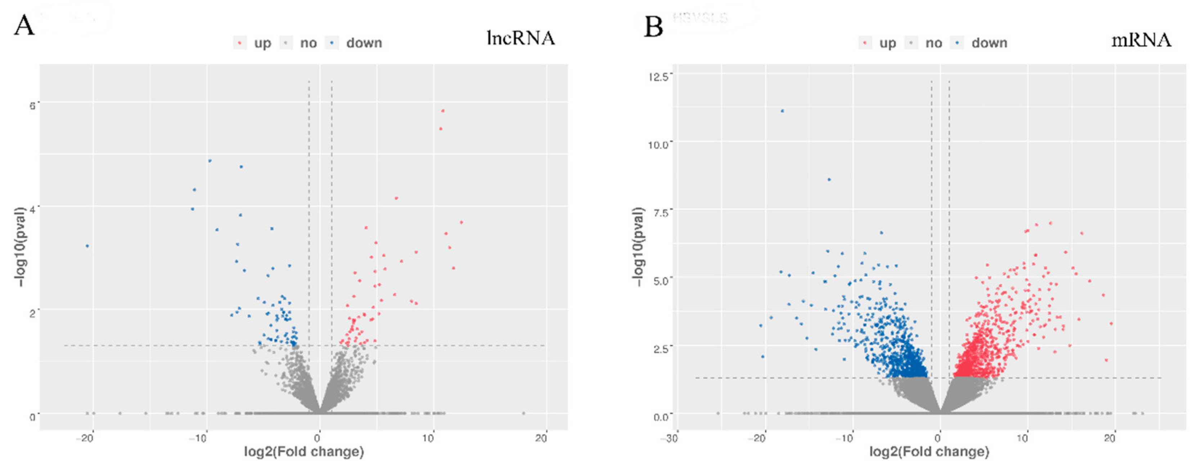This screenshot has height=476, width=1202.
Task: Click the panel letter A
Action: tap(24, 25)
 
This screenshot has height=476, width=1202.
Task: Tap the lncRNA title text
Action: tap(520, 38)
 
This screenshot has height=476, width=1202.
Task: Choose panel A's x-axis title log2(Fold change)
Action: tap(304, 452)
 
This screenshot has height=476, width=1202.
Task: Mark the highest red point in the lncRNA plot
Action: tap(443, 111)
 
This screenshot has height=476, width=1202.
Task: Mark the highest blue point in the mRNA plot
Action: tap(783, 111)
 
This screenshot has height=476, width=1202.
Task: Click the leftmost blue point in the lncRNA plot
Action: tap(87, 246)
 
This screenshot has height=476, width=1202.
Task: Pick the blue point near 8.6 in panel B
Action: tap(829, 180)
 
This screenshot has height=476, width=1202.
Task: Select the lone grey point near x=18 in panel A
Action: tap(523, 413)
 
